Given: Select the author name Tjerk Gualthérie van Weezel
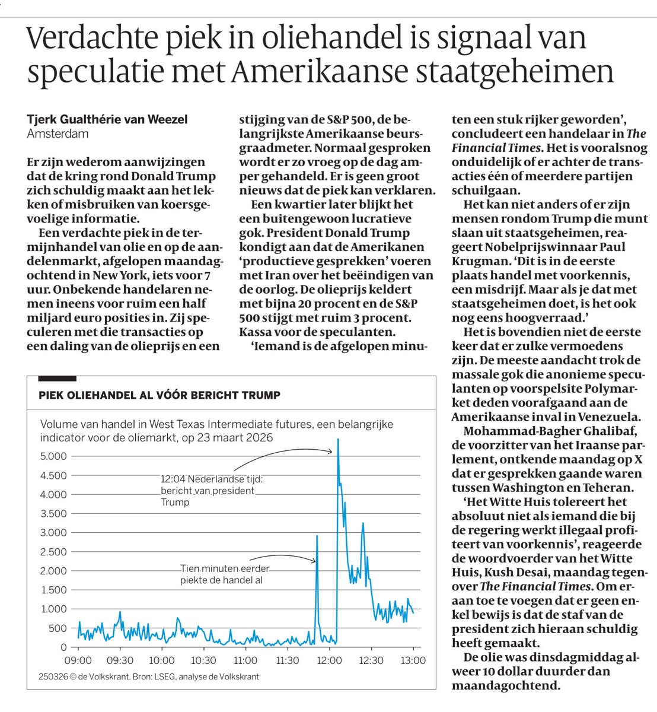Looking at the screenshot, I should click(x=107, y=119).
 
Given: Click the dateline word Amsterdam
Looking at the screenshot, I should click(x=58, y=133).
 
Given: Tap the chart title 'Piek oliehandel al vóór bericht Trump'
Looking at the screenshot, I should click(x=160, y=395).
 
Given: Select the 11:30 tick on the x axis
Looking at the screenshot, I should click(x=287, y=660).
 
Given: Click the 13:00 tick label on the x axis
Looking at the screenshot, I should click(x=413, y=660).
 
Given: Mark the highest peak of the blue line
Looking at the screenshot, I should click(x=338, y=440).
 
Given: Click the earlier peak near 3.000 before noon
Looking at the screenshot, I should click(x=317, y=536).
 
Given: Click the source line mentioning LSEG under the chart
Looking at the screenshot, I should click(x=149, y=676).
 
